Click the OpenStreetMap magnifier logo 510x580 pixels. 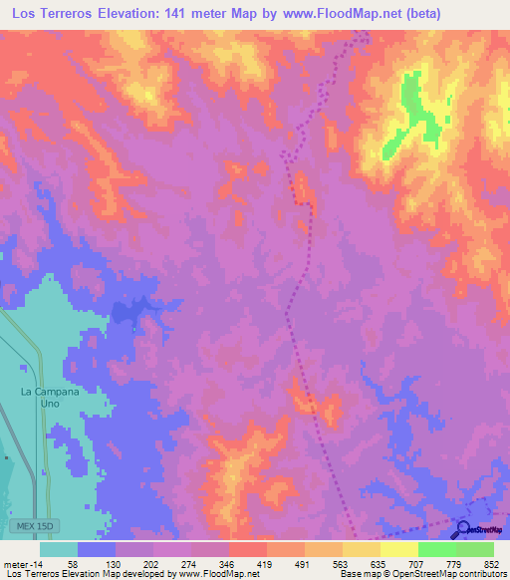point(463,530)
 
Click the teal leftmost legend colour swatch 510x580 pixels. point(59,549)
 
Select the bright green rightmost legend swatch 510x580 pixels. point(475,549)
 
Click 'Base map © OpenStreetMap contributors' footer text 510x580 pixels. point(422,574)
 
